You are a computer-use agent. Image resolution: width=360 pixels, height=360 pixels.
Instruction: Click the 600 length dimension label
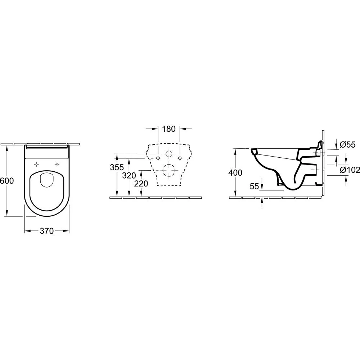(x=7, y=181)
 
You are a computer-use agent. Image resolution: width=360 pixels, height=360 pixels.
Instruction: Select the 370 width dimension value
(x=46, y=231)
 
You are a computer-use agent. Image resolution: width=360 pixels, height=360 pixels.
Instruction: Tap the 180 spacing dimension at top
(x=169, y=129)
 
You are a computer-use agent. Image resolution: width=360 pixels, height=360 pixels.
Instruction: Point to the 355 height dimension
(x=117, y=167)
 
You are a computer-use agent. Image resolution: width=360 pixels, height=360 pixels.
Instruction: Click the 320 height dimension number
(x=129, y=176)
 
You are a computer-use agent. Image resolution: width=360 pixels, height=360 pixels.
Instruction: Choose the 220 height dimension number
(x=141, y=184)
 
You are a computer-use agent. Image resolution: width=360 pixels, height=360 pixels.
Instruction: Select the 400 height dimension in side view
(x=235, y=173)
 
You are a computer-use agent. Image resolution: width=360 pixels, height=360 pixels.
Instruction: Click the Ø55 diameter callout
(x=347, y=145)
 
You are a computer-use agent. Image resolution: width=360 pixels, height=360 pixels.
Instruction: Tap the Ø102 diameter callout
(x=350, y=170)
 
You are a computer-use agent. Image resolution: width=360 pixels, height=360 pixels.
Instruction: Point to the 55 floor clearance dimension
(x=254, y=186)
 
